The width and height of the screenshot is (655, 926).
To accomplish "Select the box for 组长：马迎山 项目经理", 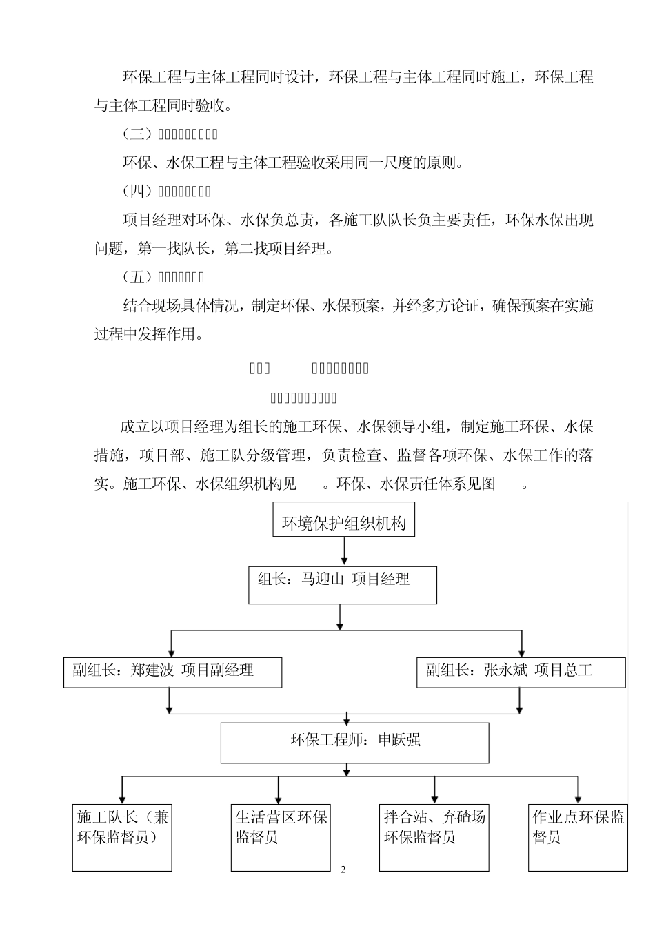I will pyautogui.click(x=343, y=585).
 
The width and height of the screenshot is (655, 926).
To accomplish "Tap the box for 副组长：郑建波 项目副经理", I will pyautogui.click(x=172, y=672).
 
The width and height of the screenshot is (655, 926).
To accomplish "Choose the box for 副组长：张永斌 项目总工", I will pyautogui.click(x=521, y=672).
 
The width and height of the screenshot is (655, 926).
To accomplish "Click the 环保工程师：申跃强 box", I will pyautogui.click(x=354, y=742).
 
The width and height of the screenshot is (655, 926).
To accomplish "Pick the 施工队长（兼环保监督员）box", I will pyautogui.click(x=122, y=836).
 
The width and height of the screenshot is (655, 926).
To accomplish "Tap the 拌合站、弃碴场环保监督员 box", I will pyautogui.click(x=434, y=836).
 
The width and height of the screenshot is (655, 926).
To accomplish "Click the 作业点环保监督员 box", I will pyautogui.click(x=578, y=836).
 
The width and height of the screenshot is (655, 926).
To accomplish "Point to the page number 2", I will pyautogui.click(x=343, y=869).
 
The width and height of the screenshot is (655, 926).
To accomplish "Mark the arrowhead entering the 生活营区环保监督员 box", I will pyautogui.click(x=279, y=798).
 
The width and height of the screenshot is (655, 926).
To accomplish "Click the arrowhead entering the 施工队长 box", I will pyautogui.click(x=122, y=798).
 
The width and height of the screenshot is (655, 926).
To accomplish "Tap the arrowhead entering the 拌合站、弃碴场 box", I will pyautogui.click(x=434, y=798).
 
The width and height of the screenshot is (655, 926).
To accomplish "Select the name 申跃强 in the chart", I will pyautogui.click(x=399, y=741).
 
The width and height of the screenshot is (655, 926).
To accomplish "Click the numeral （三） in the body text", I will pyautogui.click(x=136, y=134).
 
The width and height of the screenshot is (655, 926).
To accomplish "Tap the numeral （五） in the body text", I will pyautogui.click(x=136, y=278).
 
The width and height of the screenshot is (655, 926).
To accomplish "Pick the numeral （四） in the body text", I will pyautogui.click(x=136, y=191).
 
